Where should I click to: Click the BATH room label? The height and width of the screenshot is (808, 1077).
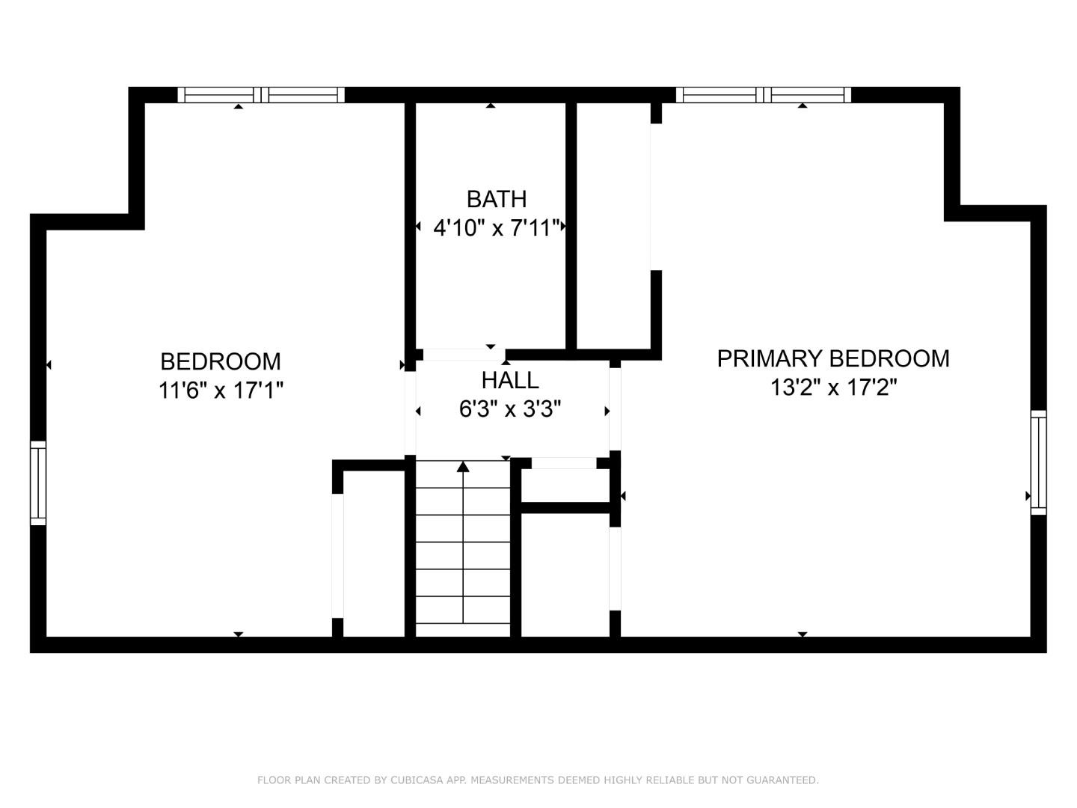[x=496, y=199]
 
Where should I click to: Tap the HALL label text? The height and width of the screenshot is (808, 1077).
[x=510, y=380]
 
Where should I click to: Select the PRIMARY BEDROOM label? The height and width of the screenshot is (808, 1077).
[x=833, y=358]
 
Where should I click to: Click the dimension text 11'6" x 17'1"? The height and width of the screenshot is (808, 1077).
[x=221, y=391]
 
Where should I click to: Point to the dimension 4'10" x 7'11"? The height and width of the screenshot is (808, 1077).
[x=497, y=228]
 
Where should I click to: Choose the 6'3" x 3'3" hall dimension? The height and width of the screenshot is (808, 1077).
[x=510, y=408]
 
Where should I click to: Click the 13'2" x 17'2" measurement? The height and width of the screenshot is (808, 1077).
[x=834, y=387]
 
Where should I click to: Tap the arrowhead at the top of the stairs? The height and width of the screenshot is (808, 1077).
[x=463, y=467]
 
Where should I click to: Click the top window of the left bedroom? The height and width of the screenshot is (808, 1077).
[x=261, y=95]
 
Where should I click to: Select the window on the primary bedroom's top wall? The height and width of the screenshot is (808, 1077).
[x=764, y=95]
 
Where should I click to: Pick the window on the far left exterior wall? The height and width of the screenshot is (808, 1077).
[x=38, y=483]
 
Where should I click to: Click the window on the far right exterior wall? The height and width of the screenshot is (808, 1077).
[x=1038, y=462]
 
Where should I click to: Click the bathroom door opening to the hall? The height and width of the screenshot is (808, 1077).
[x=464, y=355]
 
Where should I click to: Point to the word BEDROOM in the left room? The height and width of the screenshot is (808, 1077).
[x=221, y=362]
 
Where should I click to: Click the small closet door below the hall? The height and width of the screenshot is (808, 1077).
[x=564, y=463]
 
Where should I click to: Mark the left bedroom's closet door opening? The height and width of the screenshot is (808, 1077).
[x=337, y=556]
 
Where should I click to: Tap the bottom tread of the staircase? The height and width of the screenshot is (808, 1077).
[x=463, y=630]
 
